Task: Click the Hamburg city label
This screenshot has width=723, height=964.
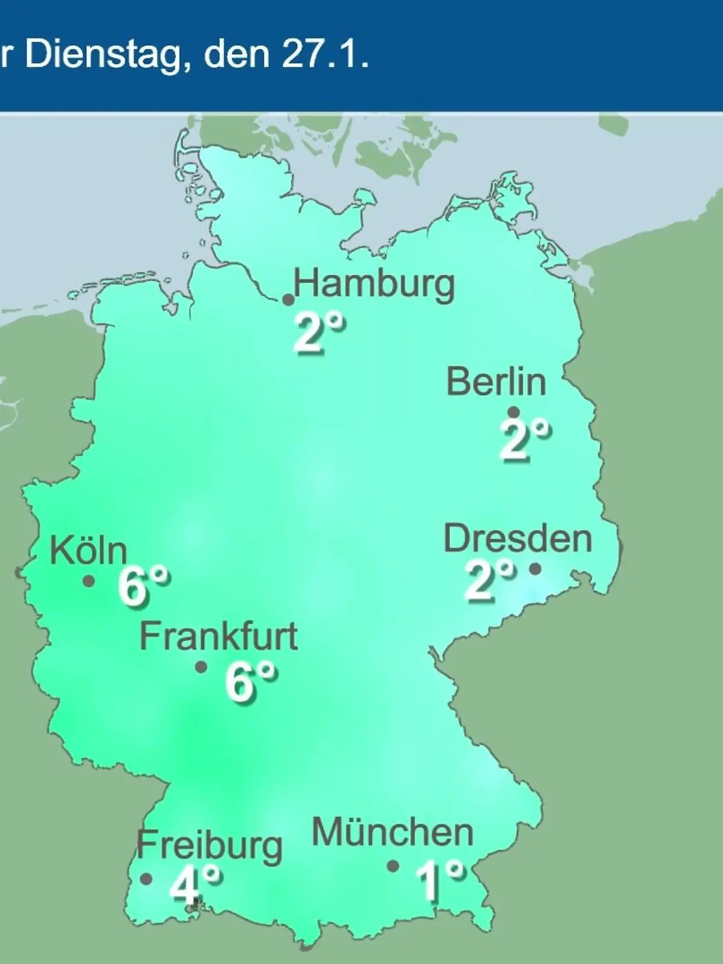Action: tap(374, 284)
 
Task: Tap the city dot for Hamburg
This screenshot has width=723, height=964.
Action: tap(289, 299)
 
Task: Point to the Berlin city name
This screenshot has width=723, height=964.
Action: tap(496, 381)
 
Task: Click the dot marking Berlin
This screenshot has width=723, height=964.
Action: tap(514, 412)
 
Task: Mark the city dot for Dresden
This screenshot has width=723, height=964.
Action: tap(535, 568)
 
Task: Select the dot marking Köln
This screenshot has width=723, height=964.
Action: tap(89, 581)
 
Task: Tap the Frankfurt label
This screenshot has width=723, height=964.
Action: tap(219, 636)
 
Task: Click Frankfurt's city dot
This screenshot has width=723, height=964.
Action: tap(201, 667)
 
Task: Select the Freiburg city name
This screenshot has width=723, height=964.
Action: tap(210, 846)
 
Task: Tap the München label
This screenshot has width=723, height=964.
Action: tap(393, 833)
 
